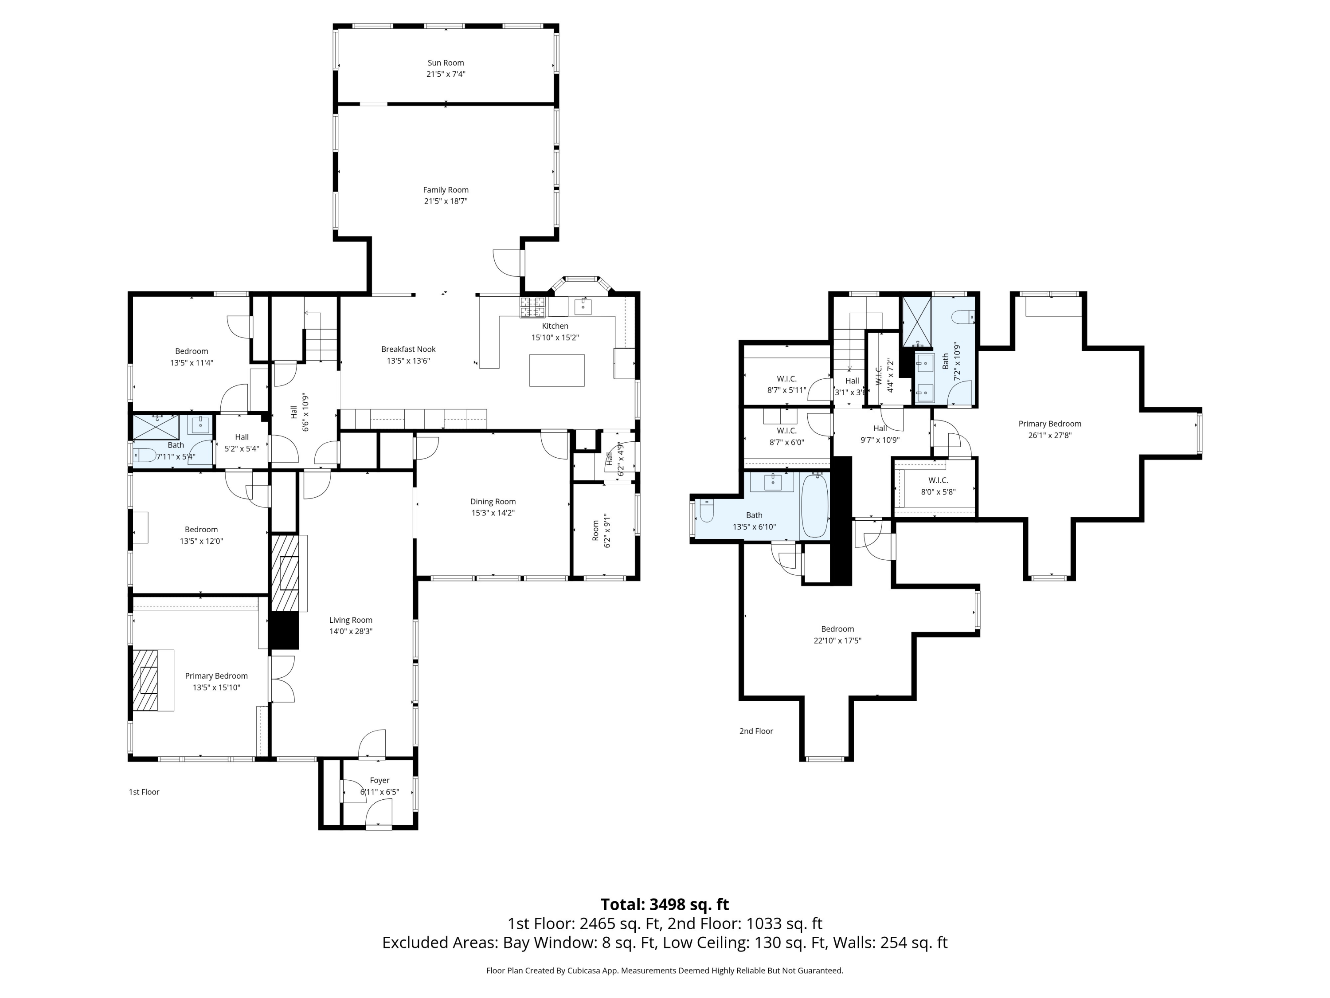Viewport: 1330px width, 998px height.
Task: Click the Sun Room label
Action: [446, 63]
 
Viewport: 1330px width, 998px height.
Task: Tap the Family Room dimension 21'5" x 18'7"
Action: [446, 201]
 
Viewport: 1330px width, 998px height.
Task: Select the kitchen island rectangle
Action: [557, 370]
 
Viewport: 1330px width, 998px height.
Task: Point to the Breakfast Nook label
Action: [408, 349]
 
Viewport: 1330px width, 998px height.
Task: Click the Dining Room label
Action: [493, 501]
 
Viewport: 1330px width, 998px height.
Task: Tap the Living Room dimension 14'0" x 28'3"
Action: [351, 631]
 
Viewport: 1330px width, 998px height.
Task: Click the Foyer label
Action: [379, 780]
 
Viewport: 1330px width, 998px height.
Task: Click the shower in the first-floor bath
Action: [156, 427]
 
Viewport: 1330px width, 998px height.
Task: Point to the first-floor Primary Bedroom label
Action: [216, 676]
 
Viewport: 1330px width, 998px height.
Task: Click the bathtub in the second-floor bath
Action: [815, 505]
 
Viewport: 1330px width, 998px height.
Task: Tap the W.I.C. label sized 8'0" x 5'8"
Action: [938, 480]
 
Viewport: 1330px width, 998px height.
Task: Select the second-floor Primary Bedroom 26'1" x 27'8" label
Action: [1050, 429]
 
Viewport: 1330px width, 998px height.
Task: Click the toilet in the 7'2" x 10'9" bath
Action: [963, 316]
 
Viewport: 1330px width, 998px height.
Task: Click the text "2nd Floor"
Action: [756, 731]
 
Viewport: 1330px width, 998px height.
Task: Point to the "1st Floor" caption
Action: [144, 792]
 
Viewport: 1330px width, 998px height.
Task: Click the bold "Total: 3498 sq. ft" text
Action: [665, 904]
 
